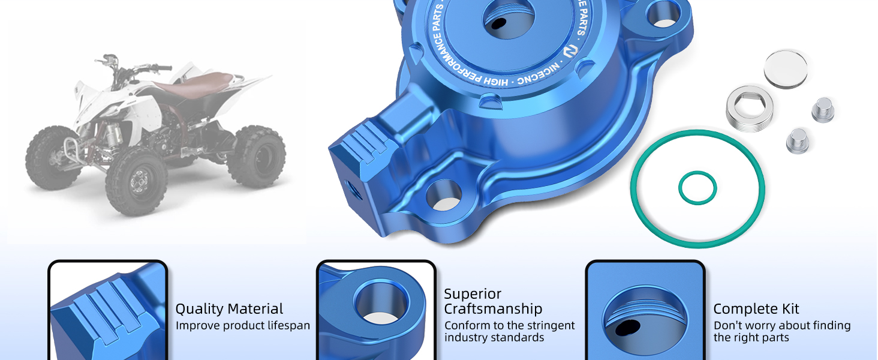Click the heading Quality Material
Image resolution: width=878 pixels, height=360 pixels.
pos(229,309)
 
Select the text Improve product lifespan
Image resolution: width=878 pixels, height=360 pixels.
pos(243,325)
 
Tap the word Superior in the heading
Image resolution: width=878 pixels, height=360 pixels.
pos(473,294)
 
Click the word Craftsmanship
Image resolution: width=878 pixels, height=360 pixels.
pos(493,309)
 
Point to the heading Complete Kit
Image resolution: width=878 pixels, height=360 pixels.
pos(756,309)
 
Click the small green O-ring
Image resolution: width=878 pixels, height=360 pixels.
pos(697,188)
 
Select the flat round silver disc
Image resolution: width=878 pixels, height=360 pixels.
pos(786,68)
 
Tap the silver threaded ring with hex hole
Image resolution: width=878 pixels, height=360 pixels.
pos(750,109)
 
